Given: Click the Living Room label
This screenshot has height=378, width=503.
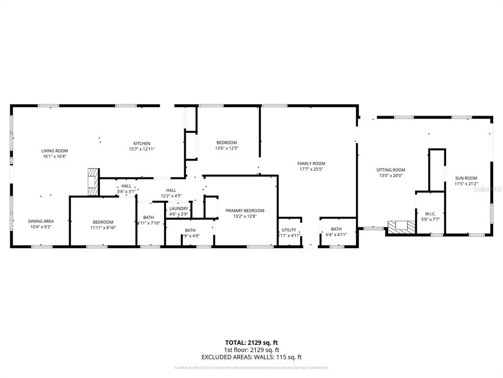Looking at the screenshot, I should (54, 151).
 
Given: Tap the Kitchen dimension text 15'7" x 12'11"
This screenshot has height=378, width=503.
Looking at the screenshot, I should (142, 149).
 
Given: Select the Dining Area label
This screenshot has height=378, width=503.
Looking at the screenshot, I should (41, 221).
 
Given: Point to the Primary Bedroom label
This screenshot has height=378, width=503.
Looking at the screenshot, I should (245, 210).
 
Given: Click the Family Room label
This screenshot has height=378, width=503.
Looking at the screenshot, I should (311, 163).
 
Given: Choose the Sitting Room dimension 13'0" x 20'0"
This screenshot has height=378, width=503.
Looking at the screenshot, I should (391, 176).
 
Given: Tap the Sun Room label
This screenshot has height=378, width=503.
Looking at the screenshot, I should (466, 178).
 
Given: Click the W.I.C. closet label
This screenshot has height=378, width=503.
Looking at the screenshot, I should (430, 214).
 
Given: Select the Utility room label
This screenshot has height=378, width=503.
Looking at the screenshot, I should (289, 230).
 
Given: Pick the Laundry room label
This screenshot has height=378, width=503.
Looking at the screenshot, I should (178, 208).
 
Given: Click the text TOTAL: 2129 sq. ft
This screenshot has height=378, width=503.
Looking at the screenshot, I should (251, 342).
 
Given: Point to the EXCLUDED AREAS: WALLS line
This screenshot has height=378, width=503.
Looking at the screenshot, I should (251, 357).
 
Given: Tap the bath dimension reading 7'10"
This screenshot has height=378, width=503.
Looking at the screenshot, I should (148, 223).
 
